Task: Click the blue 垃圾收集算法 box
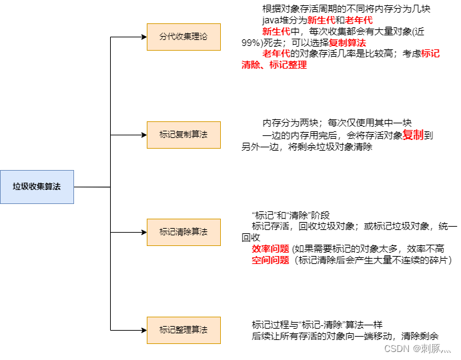[37, 187]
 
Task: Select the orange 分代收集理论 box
[183, 37]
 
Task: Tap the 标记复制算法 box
[183, 135]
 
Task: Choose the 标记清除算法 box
[183, 232]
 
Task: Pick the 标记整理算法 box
[183, 330]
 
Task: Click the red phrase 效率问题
[270, 249]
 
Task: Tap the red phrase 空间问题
[270, 260]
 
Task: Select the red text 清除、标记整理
[274, 65]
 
